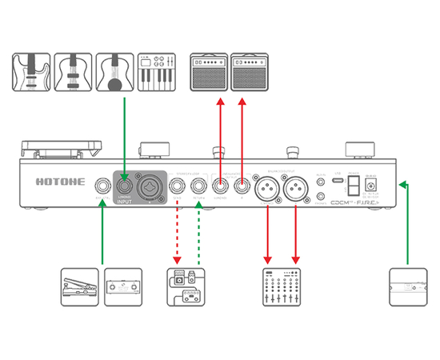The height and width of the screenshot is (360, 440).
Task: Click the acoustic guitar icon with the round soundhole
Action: pyautogui.click(x=114, y=71)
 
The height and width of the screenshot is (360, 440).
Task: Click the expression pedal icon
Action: pyautogui.click(x=80, y=286)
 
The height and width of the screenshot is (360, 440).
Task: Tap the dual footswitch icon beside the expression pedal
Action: pyautogui.click(x=124, y=286)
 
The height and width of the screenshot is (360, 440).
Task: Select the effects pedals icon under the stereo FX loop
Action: pyautogui.click(x=187, y=287)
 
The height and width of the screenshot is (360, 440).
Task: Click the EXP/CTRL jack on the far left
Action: pyautogui.click(x=102, y=186)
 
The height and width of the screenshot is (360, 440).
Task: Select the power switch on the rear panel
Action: pyautogui.click(x=352, y=186)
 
